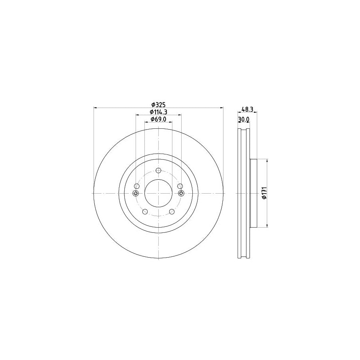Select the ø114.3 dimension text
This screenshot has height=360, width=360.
(x=158, y=112)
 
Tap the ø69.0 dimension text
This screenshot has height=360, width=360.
(x=158, y=119)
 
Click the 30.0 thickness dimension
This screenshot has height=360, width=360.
(x=244, y=119)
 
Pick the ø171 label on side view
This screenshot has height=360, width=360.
(x=264, y=193)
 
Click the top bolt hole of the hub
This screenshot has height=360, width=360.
(x=158, y=171)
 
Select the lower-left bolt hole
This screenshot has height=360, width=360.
(x=145, y=212)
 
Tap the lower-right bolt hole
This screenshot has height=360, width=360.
(x=172, y=212)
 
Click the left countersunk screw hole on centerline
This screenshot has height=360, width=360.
(x=135, y=194)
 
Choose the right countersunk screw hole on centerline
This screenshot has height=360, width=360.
(x=181, y=194)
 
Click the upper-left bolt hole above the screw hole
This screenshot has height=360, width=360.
(x=137, y=186)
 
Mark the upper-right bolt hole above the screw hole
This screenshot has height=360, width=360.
(x=180, y=186)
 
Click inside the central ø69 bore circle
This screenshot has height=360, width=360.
(x=158, y=194)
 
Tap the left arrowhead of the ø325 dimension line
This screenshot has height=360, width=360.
(x=95, y=107)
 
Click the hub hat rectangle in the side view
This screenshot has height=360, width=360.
(x=253, y=193)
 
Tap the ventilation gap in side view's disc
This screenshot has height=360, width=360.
(x=244, y=193)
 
